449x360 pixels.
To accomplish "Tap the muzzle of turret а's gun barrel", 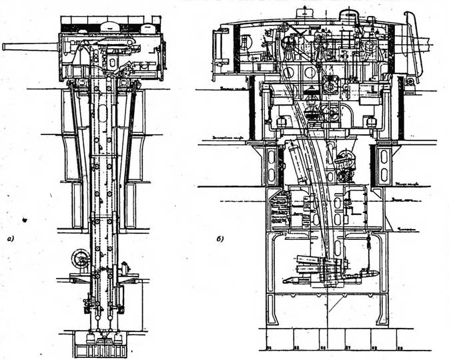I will coord(5,46).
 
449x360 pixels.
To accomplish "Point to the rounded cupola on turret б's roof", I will coord(348,14).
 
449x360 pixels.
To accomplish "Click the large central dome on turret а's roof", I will coord(110,26).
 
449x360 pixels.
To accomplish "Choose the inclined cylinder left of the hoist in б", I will coord(298,163).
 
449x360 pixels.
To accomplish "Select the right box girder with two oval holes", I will coord(386,164).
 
